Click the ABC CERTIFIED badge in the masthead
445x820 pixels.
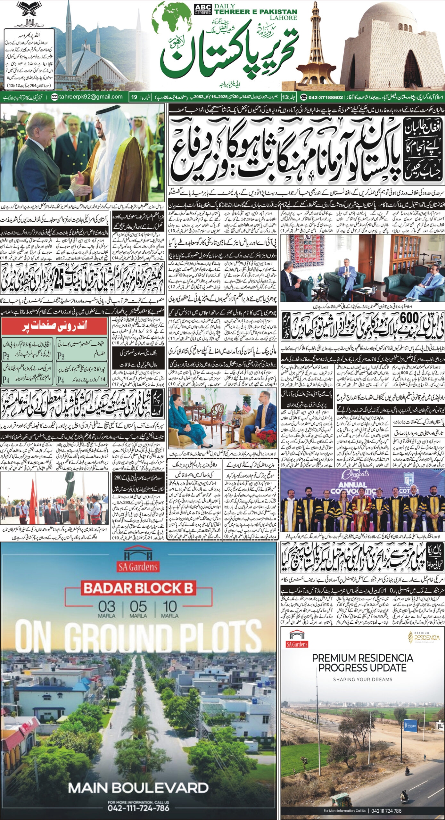click(x=203, y=9)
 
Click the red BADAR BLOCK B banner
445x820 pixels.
click(x=138, y=588)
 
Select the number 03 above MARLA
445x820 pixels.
click(x=107, y=607)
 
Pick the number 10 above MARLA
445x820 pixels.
click(x=169, y=607)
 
